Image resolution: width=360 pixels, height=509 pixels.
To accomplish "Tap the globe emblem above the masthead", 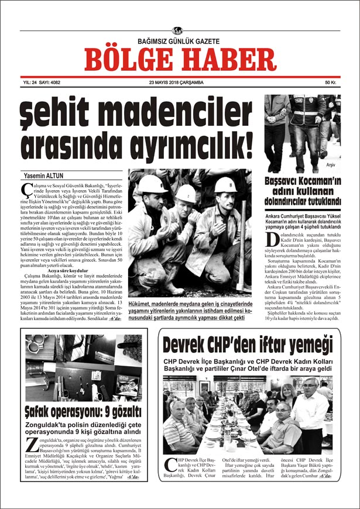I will click(x=178, y=31).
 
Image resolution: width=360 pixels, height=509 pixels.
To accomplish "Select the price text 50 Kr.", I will click(x=331, y=82).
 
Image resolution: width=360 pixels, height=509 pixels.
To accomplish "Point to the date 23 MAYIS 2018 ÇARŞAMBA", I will click(x=176, y=82).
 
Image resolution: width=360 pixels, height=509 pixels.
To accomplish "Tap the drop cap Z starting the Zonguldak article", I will click(x=31, y=443).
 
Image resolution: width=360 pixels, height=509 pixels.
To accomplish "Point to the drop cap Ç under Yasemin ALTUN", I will click(x=26, y=188).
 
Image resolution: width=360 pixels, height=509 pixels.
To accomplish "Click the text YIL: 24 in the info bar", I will click(x=24, y=82).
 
